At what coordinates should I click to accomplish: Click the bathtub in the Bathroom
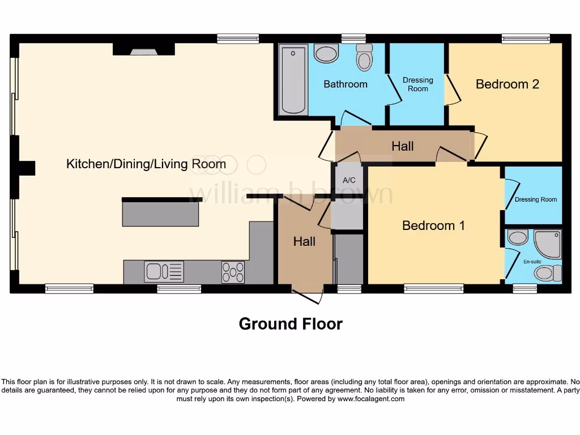point(293,79)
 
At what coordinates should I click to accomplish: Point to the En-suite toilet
point(547,274)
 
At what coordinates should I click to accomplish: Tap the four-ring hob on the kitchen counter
point(233,272)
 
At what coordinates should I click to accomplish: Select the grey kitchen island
point(161,214)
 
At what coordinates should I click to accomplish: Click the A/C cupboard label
point(349,180)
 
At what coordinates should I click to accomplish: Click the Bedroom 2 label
point(507,84)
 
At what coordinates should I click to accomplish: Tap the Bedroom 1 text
point(433,225)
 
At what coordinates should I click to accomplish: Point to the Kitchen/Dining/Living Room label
point(146,165)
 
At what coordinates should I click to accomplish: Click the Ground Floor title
point(291,324)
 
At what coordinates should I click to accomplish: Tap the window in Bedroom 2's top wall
point(525,39)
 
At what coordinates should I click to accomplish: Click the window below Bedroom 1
point(433,289)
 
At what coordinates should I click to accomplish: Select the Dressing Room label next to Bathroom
point(417,84)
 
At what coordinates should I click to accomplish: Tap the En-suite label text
point(532,262)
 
